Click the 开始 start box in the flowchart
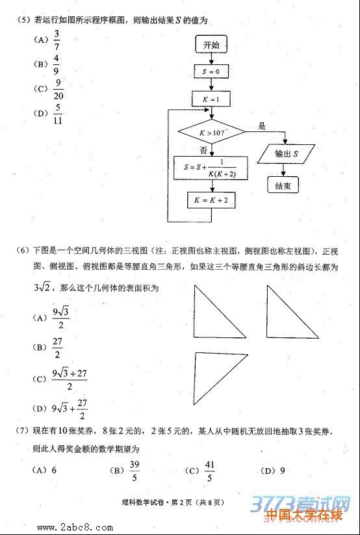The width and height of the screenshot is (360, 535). [x=211, y=45]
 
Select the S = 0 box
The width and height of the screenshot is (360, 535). [x=211, y=71]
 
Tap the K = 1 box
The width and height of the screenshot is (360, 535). [x=211, y=99]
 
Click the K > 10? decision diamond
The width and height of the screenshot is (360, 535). [x=212, y=133]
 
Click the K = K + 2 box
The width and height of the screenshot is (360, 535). [x=211, y=200]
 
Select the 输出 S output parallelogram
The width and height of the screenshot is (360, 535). [x=287, y=154]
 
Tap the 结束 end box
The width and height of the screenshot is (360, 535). [x=283, y=185]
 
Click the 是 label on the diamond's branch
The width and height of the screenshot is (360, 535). [x=263, y=125]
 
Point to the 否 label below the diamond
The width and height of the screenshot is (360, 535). [x=203, y=150]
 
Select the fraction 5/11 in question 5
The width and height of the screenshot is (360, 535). [x=58, y=113]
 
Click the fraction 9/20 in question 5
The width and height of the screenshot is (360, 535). [x=58, y=88]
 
